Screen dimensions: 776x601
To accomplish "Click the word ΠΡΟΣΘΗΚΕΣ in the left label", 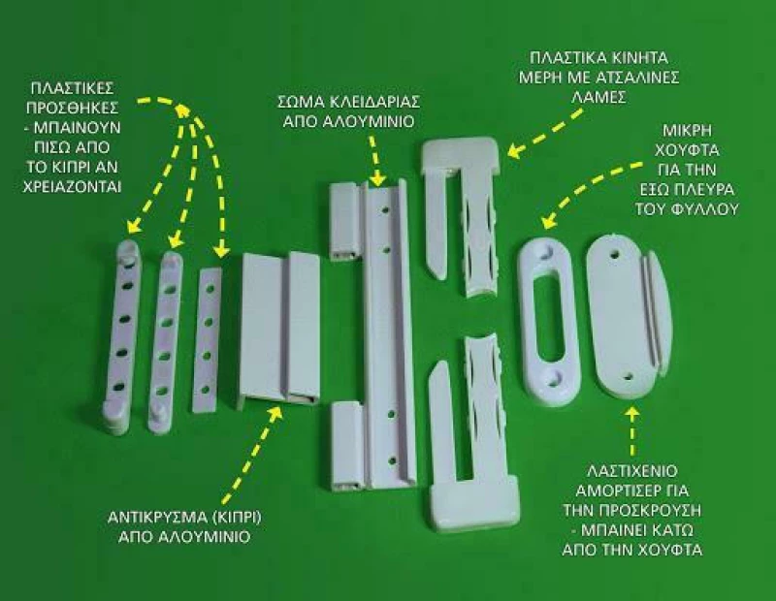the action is pyautogui.click(x=72, y=108).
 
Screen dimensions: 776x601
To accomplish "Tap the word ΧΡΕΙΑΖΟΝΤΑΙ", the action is pyautogui.click(x=72, y=187).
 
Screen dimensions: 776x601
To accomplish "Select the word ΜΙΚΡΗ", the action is pyautogui.click(x=687, y=131).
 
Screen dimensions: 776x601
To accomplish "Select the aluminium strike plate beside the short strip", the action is pyautogui.click(x=279, y=330).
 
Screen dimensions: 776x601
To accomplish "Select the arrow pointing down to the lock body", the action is pyautogui.click(x=375, y=159).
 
